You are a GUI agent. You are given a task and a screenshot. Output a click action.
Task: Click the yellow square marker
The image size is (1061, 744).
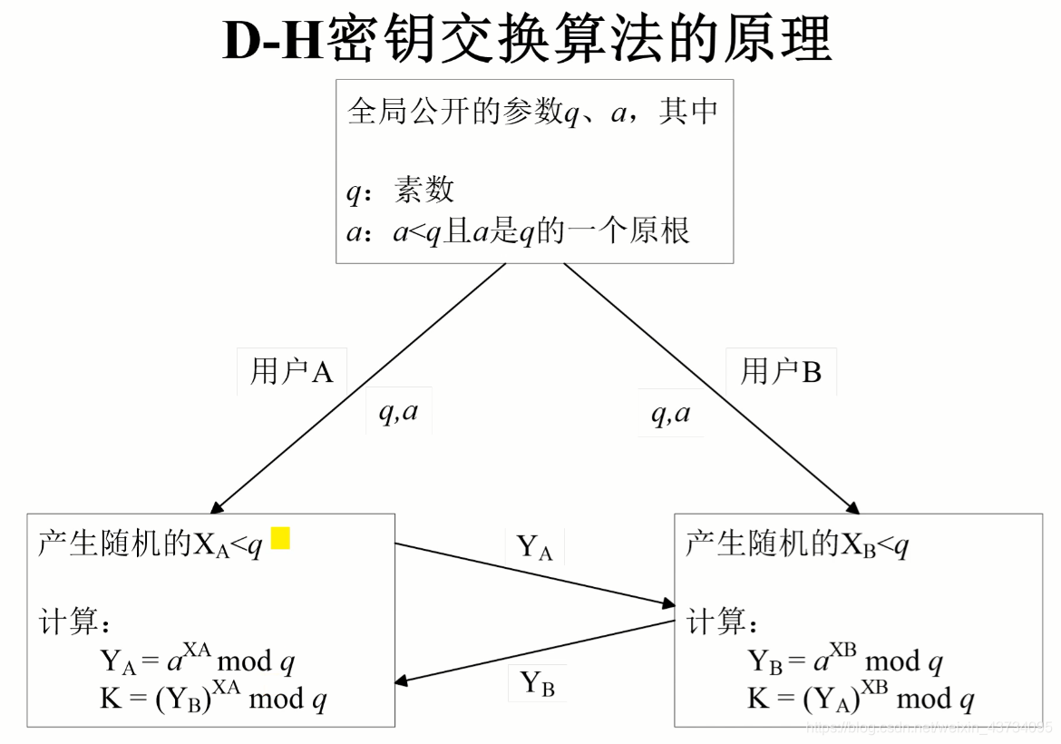coord(280,538)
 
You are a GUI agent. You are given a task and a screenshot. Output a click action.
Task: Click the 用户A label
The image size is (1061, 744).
coord(291,371)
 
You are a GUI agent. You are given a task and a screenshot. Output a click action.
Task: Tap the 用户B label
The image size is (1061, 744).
coord(781,371)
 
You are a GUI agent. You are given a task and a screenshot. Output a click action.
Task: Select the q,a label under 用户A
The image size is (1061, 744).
coord(398,413)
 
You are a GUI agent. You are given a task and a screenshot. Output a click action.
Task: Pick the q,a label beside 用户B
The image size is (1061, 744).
coord(670,413)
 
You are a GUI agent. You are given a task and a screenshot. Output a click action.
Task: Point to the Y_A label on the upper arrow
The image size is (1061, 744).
coord(534,547)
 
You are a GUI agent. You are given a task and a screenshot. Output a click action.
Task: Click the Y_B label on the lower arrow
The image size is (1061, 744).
coord(537,683)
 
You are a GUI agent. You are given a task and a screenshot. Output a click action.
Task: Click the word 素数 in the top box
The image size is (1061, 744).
coord(423,190)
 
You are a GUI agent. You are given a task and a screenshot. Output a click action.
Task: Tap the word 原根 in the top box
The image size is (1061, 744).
coord(661,230)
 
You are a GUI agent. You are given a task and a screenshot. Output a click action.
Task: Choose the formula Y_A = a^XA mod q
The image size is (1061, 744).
coord(197,661)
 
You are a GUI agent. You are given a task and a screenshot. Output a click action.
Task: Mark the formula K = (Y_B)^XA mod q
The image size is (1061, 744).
coord(213,699)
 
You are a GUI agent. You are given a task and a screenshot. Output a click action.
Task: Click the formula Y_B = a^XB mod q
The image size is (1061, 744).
coord(844,661)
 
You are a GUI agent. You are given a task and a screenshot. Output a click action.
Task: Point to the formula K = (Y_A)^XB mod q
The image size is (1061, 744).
coord(861,699)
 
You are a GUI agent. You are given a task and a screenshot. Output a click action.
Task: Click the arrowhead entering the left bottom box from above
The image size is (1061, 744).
coord(217,507)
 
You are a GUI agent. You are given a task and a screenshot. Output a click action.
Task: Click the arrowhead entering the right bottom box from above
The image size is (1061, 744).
coord(852,507)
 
